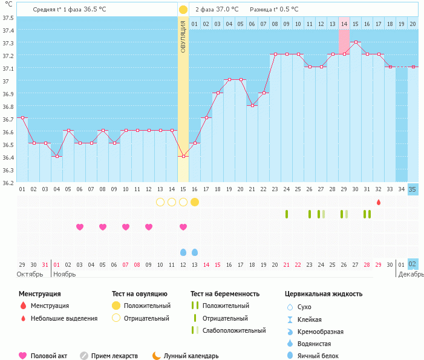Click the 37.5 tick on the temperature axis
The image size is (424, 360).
pos(8,18)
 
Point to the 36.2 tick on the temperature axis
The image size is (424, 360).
pos(8,183)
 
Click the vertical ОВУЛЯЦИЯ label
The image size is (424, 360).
pos(183,36)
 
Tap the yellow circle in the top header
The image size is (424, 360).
pos(183,10)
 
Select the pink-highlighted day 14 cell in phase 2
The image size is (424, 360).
pos(344,24)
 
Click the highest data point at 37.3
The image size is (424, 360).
pos(356,42)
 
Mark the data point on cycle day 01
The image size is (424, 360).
pos(22,117)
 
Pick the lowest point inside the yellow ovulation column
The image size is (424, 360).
pos(183,157)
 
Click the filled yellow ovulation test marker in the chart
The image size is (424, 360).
pos(195,201)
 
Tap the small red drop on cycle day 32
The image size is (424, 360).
pos(379,202)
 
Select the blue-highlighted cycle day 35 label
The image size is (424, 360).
pos(413,189)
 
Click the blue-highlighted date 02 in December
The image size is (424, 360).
pos(413,264)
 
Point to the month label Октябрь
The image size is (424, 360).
pos(30,274)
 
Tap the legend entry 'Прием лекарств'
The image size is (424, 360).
pos(114,356)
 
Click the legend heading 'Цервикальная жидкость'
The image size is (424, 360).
pos(324,294)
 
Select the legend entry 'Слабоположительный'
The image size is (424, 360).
pos(234,330)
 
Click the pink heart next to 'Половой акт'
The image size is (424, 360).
pos(23,356)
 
